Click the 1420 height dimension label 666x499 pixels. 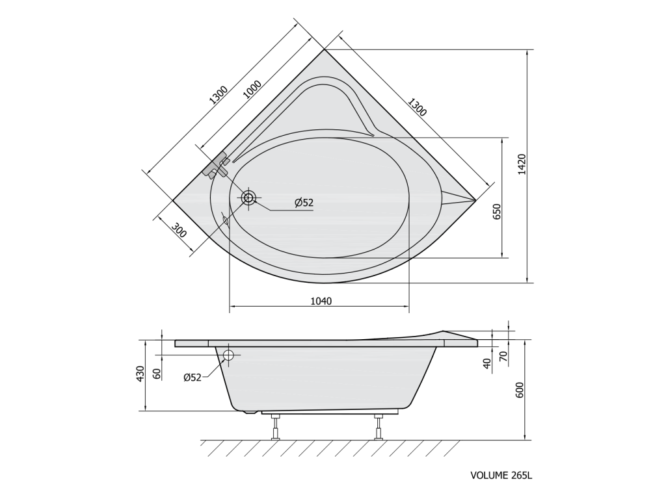click(522, 164)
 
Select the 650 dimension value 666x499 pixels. click(497, 211)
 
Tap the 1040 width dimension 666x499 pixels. click(321, 301)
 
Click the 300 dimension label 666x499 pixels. click(180, 230)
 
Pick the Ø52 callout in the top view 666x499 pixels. click(304, 203)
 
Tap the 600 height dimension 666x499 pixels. click(520, 390)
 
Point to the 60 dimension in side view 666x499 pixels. click(157, 374)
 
